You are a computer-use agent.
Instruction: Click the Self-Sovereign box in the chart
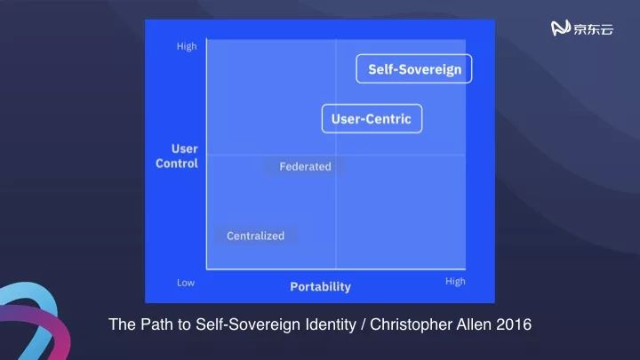pos(414,69)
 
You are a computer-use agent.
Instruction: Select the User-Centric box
pos(372,119)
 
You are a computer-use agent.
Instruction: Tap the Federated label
pos(305,166)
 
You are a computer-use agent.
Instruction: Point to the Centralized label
pos(255,236)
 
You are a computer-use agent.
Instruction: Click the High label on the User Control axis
pos(187,46)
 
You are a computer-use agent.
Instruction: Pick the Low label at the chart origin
pos(185,283)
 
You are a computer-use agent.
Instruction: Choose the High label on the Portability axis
pos(454,282)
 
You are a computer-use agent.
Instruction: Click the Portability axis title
pos(320,286)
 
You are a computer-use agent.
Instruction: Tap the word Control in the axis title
pos(176,164)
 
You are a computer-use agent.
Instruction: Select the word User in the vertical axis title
pos(184,148)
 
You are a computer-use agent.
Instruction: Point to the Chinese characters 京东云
pos(593,28)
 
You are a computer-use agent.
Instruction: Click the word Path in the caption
pos(153,324)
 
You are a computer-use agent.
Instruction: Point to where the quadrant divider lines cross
pos(336,156)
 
